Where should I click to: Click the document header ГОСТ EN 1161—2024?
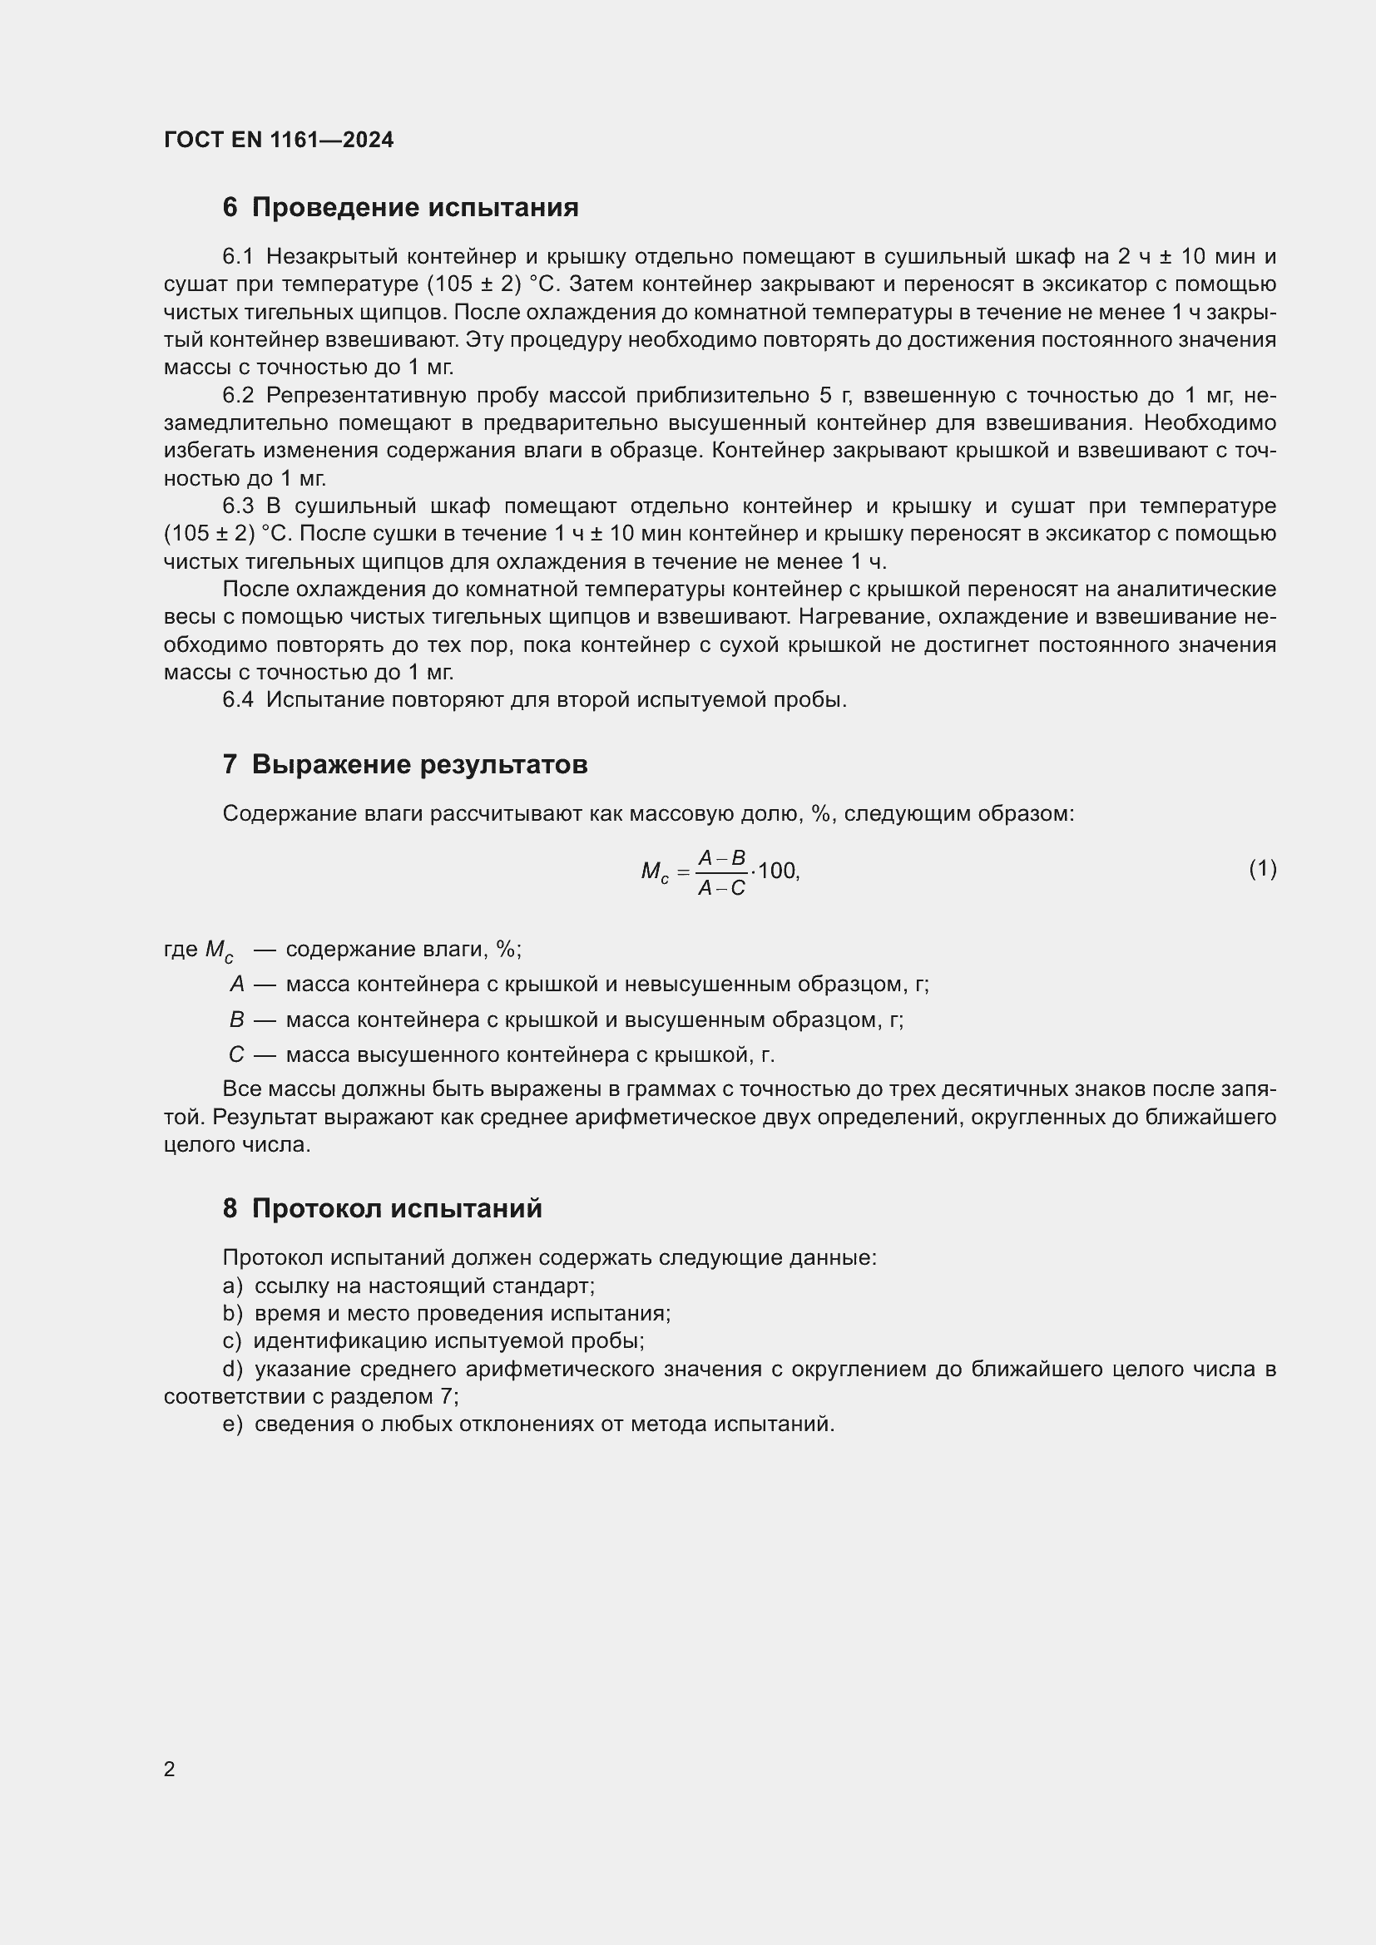[278, 140]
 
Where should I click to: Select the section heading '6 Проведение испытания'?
[400, 208]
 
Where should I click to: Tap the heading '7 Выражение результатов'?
[404, 764]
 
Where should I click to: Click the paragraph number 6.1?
[237, 257]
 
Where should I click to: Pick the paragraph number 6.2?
[237, 396]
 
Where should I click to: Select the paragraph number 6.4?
[237, 699]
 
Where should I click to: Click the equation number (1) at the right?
[1262, 868]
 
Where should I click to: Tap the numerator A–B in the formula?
[721, 858]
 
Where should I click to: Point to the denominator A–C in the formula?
[721, 888]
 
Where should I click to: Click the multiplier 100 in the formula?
[776, 871]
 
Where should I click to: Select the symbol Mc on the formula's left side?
[654, 871]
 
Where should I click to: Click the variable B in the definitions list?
[236, 1019]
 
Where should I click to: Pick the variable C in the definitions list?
[236, 1054]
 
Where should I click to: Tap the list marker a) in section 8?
[232, 1286]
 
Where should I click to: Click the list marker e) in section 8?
[232, 1424]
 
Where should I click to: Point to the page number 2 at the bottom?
[170, 1769]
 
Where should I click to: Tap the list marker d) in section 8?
[232, 1369]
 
